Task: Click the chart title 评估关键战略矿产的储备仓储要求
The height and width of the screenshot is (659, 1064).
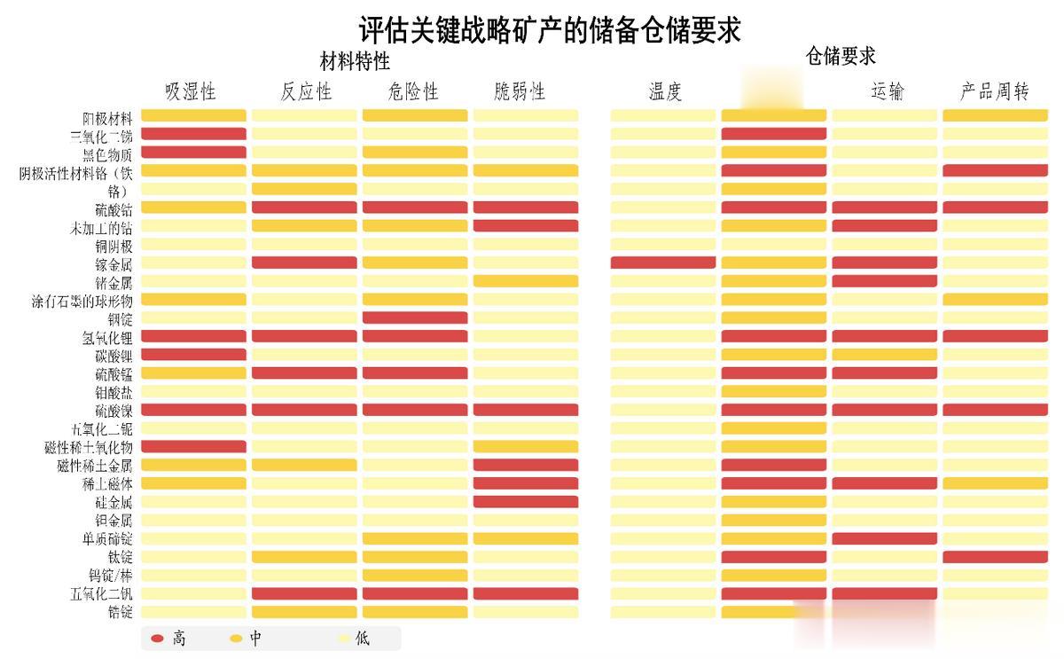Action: tap(550, 29)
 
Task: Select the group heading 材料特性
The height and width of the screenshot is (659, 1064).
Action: tap(355, 62)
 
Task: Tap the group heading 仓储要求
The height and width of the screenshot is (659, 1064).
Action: tap(840, 56)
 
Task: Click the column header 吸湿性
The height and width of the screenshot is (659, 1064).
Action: tap(191, 91)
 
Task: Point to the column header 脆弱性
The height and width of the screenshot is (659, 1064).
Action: tap(520, 91)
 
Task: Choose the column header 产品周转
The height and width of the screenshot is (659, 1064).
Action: tap(994, 91)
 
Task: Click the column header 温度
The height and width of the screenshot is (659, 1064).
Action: tap(665, 91)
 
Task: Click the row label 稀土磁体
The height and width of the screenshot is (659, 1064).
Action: tap(107, 483)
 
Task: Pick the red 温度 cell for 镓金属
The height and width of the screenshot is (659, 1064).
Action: tap(663, 263)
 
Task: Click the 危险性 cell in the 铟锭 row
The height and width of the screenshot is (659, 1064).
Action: tap(415, 318)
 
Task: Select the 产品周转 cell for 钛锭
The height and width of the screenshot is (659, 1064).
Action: tap(995, 557)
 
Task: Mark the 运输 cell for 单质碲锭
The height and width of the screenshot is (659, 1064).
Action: tap(884, 538)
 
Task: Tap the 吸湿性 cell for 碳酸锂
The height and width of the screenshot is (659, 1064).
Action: tap(193, 355)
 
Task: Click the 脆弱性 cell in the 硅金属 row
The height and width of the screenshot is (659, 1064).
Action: tap(525, 502)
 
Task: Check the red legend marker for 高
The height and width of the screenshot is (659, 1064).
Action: tap(158, 639)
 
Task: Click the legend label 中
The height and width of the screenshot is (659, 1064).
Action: tap(256, 639)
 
